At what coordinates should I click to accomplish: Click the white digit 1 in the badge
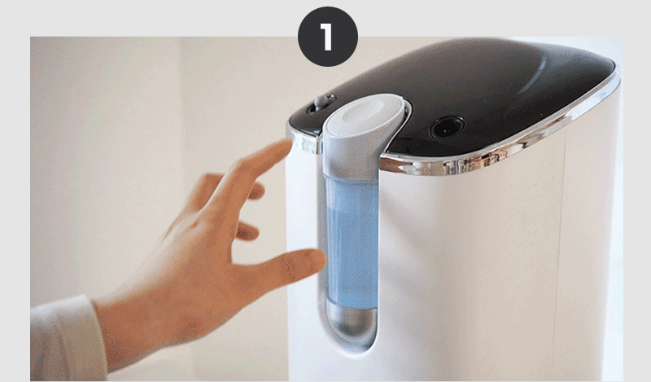[x=327, y=37]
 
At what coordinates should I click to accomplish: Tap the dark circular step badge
[x=328, y=37]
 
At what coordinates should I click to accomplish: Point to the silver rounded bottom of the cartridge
[x=352, y=320]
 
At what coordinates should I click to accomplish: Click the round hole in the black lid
[x=446, y=127]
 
